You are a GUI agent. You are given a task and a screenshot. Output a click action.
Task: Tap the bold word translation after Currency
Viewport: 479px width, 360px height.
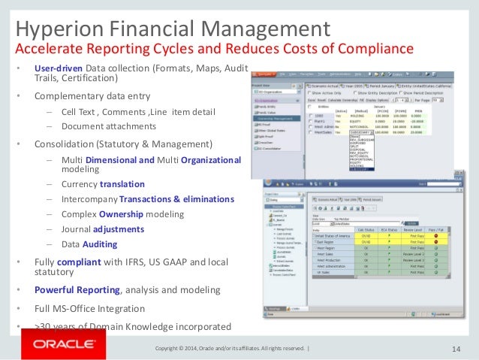[x=122, y=184]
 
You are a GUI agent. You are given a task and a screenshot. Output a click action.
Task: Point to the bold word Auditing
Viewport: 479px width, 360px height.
[x=100, y=244]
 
